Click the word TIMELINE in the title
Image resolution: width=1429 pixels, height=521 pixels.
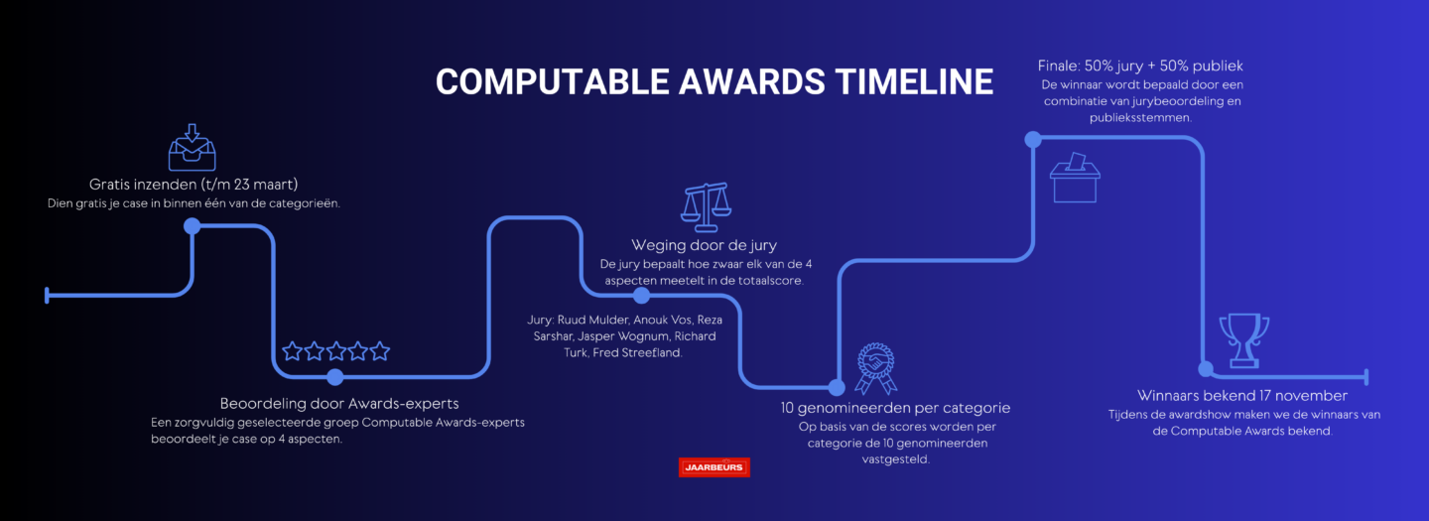914,82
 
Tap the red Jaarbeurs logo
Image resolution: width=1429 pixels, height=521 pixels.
714,467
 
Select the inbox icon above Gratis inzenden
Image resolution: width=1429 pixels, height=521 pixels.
193,147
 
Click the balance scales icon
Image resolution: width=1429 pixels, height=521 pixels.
706,207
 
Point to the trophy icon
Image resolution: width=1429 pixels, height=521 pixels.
1244,340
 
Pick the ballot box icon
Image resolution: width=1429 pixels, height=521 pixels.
1075,178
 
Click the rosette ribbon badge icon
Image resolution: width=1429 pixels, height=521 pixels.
876,368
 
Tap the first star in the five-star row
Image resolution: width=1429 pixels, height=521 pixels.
292,350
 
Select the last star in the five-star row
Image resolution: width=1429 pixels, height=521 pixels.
379,350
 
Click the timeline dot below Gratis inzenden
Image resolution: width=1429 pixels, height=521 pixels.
193,225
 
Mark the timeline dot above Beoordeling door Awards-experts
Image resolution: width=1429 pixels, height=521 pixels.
335,377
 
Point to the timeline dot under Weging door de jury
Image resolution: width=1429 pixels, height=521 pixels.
641,296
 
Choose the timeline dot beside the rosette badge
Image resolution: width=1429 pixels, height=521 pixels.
837,386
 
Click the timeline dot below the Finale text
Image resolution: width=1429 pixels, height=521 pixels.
1033,139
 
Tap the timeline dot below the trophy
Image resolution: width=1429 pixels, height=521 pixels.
1205,368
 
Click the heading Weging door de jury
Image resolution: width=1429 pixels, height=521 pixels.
705,245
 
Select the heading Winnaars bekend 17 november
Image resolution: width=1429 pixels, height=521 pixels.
1242,395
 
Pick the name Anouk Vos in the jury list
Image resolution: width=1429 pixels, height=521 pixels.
663,320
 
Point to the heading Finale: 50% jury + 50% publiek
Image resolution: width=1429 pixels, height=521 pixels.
1140,65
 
